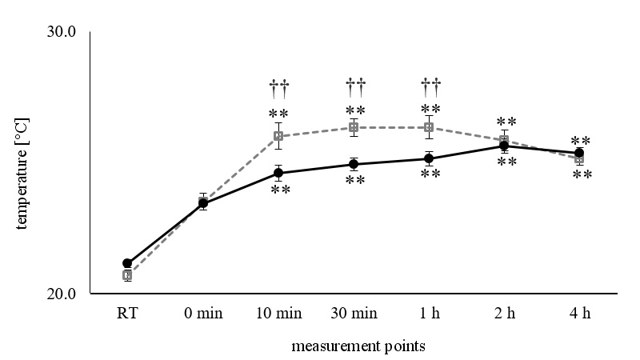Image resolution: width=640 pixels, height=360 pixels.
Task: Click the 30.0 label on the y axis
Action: (x=62, y=33)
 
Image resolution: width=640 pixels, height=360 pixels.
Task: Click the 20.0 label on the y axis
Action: (x=62, y=294)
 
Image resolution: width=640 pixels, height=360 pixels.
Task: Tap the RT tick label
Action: (x=126, y=314)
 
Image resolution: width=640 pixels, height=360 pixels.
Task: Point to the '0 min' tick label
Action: (x=202, y=314)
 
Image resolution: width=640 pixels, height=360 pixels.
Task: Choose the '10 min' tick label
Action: (x=278, y=314)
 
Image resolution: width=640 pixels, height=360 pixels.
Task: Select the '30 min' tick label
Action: (x=354, y=314)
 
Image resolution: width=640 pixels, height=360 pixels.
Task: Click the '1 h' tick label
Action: (x=429, y=314)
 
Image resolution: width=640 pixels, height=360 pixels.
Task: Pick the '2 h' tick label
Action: (x=505, y=314)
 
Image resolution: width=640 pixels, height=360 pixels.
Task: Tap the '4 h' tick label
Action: (x=580, y=314)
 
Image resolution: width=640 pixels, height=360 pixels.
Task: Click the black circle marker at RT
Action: (x=127, y=263)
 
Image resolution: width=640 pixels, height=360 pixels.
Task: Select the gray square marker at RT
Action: (x=127, y=275)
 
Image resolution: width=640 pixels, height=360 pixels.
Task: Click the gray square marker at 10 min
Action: (x=278, y=136)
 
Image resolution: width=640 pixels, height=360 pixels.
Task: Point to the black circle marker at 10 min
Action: (x=278, y=173)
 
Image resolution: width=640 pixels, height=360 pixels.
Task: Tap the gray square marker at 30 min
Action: (x=354, y=127)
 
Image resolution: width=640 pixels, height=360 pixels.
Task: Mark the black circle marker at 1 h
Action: (x=429, y=158)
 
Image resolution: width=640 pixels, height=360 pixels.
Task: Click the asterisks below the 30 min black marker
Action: (x=355, y=181)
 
